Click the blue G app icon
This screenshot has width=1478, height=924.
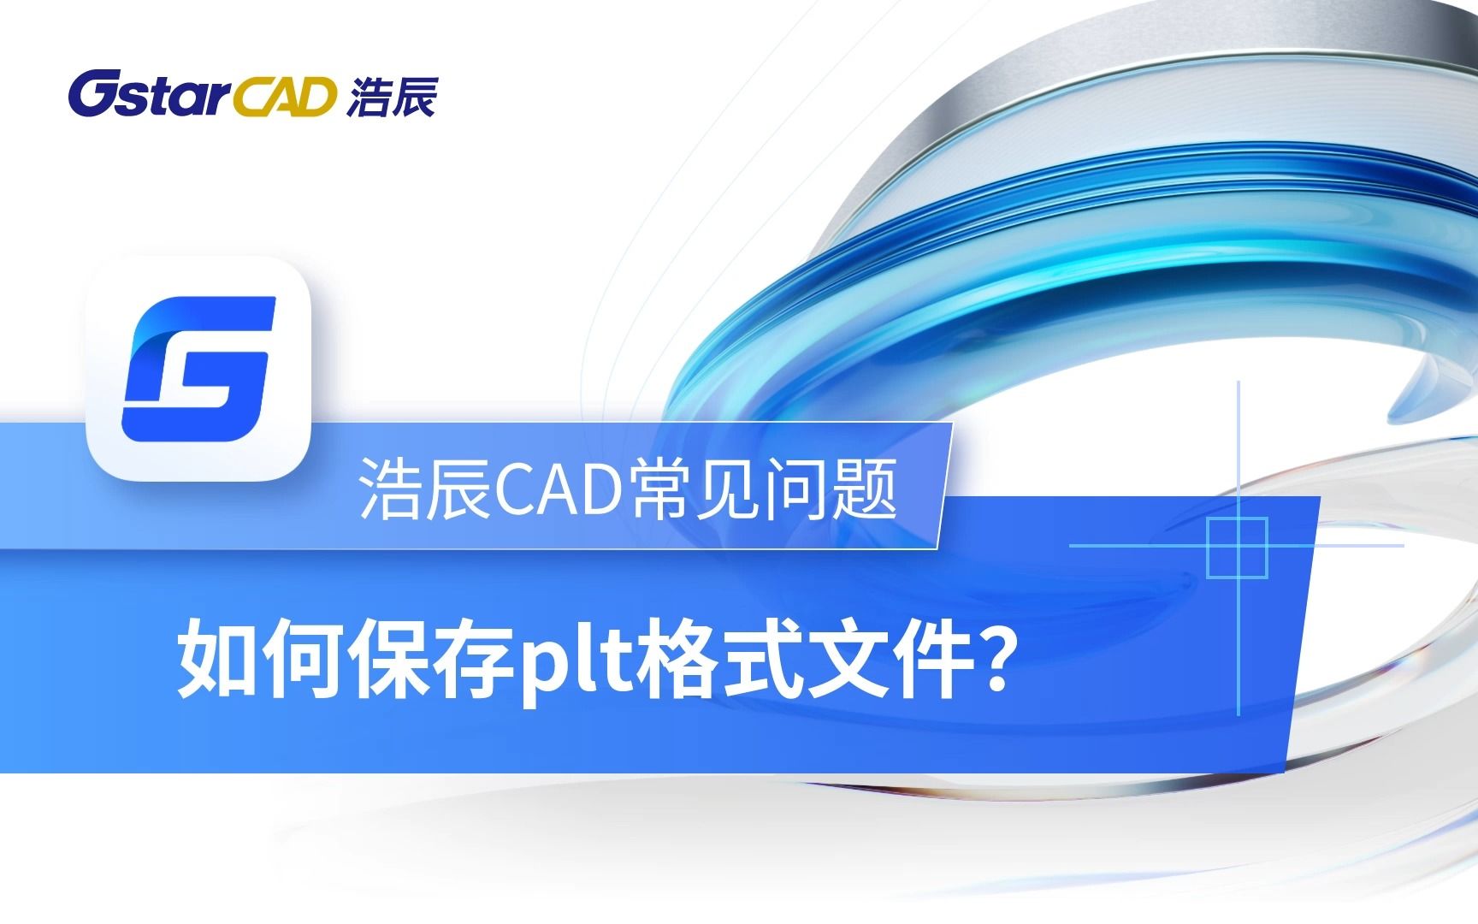tap(198, 368)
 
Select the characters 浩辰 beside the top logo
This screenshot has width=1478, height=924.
tap(393, 96)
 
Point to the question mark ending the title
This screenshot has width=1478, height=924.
tap(991, 657)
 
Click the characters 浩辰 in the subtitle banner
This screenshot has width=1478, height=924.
tap(424, 489)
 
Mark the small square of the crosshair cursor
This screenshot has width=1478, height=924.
tap(1237, 547)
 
